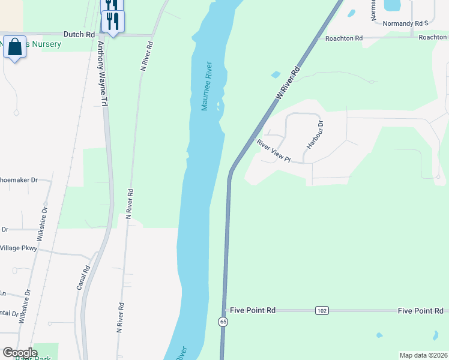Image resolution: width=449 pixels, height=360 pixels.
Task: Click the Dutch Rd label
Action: pos(79,34)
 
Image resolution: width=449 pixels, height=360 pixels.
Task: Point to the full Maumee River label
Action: pos(207,86)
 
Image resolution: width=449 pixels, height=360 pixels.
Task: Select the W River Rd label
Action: pos(287,84)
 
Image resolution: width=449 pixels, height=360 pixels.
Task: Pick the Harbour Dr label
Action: pos(315,135)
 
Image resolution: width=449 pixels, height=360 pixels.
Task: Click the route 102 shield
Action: pos(321,310)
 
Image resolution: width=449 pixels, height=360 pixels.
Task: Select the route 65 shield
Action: pos(223,322)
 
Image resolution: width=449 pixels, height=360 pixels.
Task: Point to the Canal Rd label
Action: pos(83,278)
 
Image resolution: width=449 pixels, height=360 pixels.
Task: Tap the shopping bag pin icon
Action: pos(14,47)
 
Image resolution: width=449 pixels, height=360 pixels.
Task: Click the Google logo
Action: pos(20,353)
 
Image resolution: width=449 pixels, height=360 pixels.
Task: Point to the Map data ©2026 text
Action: pos(423,355)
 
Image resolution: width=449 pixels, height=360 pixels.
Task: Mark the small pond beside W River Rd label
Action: pos(276,75)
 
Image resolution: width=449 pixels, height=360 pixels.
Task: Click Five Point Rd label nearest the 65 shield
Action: pos(253,310)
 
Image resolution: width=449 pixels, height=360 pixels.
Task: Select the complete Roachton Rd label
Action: pos(344,38)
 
